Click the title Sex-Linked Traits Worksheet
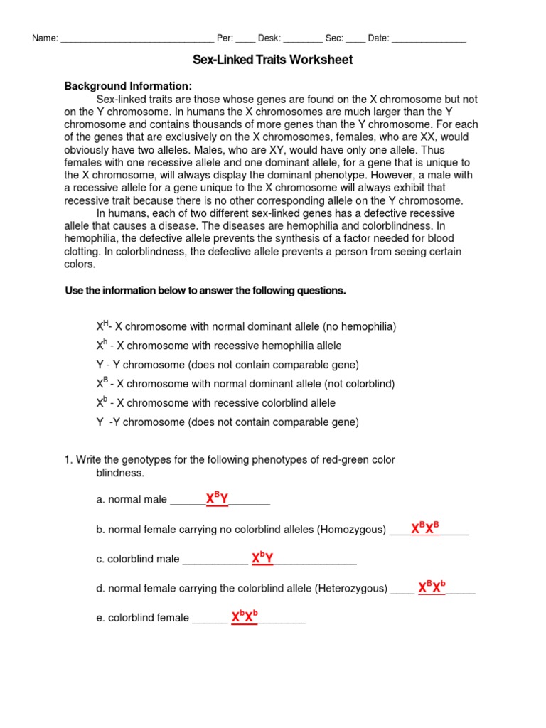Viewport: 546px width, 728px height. tap(273, 60)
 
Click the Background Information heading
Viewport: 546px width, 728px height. tap(129, 86)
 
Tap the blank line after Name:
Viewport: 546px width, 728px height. tap(136, 39)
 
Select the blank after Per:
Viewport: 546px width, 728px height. tap(245, 39)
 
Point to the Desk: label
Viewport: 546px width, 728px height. tap(269, 38)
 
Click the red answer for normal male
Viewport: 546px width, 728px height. tap(217, 499)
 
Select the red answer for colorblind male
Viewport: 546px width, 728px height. tap(262, 559)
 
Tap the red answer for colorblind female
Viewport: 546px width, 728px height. tap(245, 617)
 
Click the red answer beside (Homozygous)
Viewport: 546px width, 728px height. tap(425, 528)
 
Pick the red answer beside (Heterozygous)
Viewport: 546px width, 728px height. tap(432, 587)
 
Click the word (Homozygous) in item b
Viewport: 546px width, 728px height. tap(351, 530)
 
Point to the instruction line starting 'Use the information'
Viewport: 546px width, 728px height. tap(205, 291)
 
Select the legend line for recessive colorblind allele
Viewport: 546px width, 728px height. tap(216, 403)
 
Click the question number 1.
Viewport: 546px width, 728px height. tap(68, 460)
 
